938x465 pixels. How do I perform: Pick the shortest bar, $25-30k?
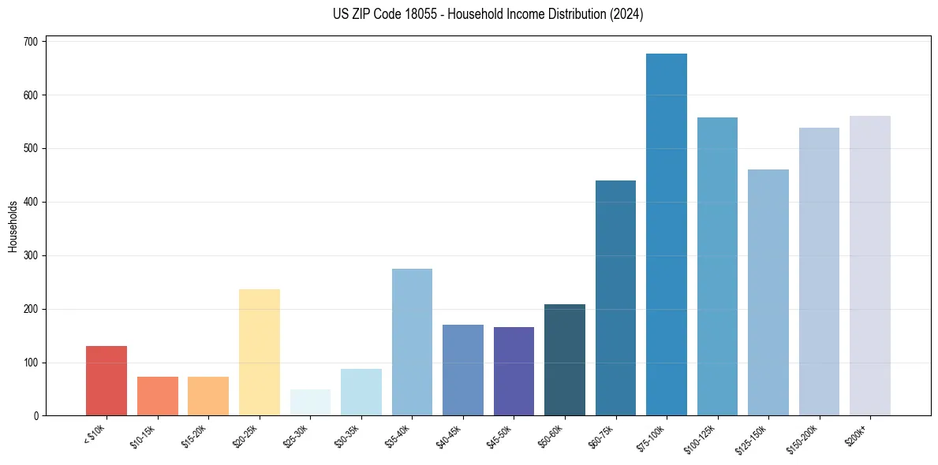(310, 403)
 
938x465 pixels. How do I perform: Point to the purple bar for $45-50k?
(514, 371)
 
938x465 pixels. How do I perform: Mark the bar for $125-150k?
(768, 292)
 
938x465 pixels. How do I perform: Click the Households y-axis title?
(13, 227)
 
